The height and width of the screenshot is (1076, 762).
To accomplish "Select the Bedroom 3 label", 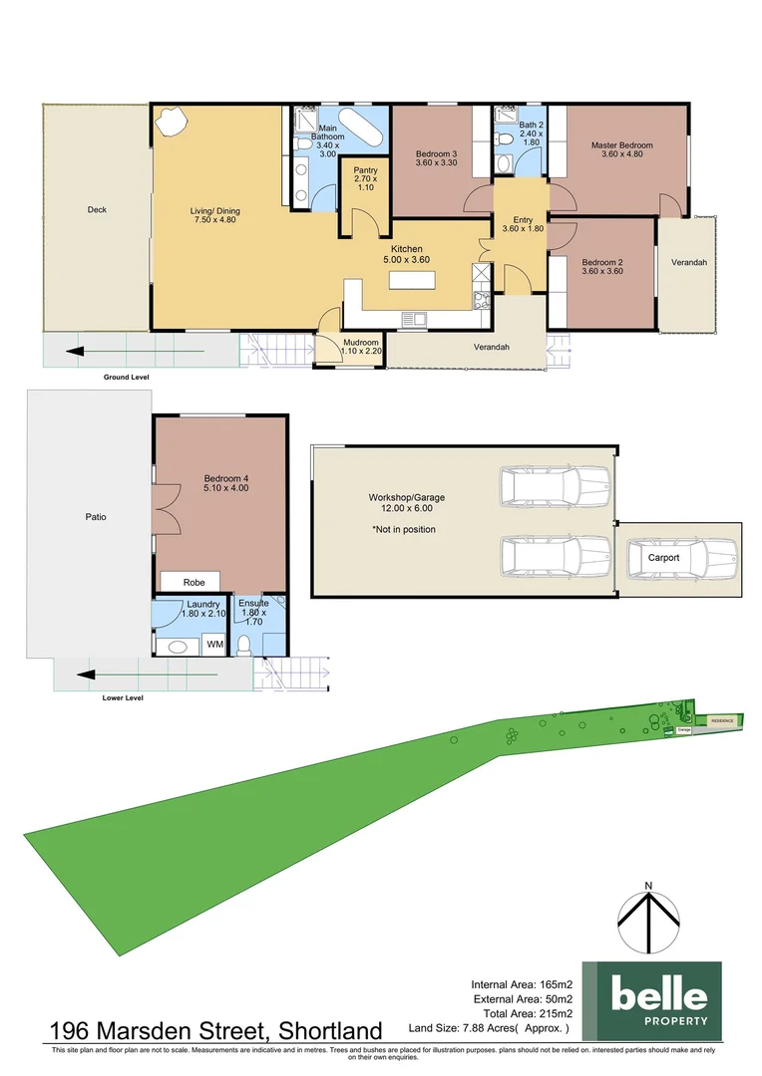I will coord(436,158).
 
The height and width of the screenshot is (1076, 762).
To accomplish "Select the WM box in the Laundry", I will coord(213,645).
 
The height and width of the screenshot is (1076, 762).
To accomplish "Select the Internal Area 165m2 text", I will coord(522,984).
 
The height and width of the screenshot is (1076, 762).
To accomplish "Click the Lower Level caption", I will coord(123,698).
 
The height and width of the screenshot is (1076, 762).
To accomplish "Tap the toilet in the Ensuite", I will coord(242,644).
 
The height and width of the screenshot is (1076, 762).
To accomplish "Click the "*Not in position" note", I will coord(404,529).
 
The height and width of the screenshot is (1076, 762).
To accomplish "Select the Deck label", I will coord(97,209).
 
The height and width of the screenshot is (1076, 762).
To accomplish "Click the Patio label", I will coord(95,517).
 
